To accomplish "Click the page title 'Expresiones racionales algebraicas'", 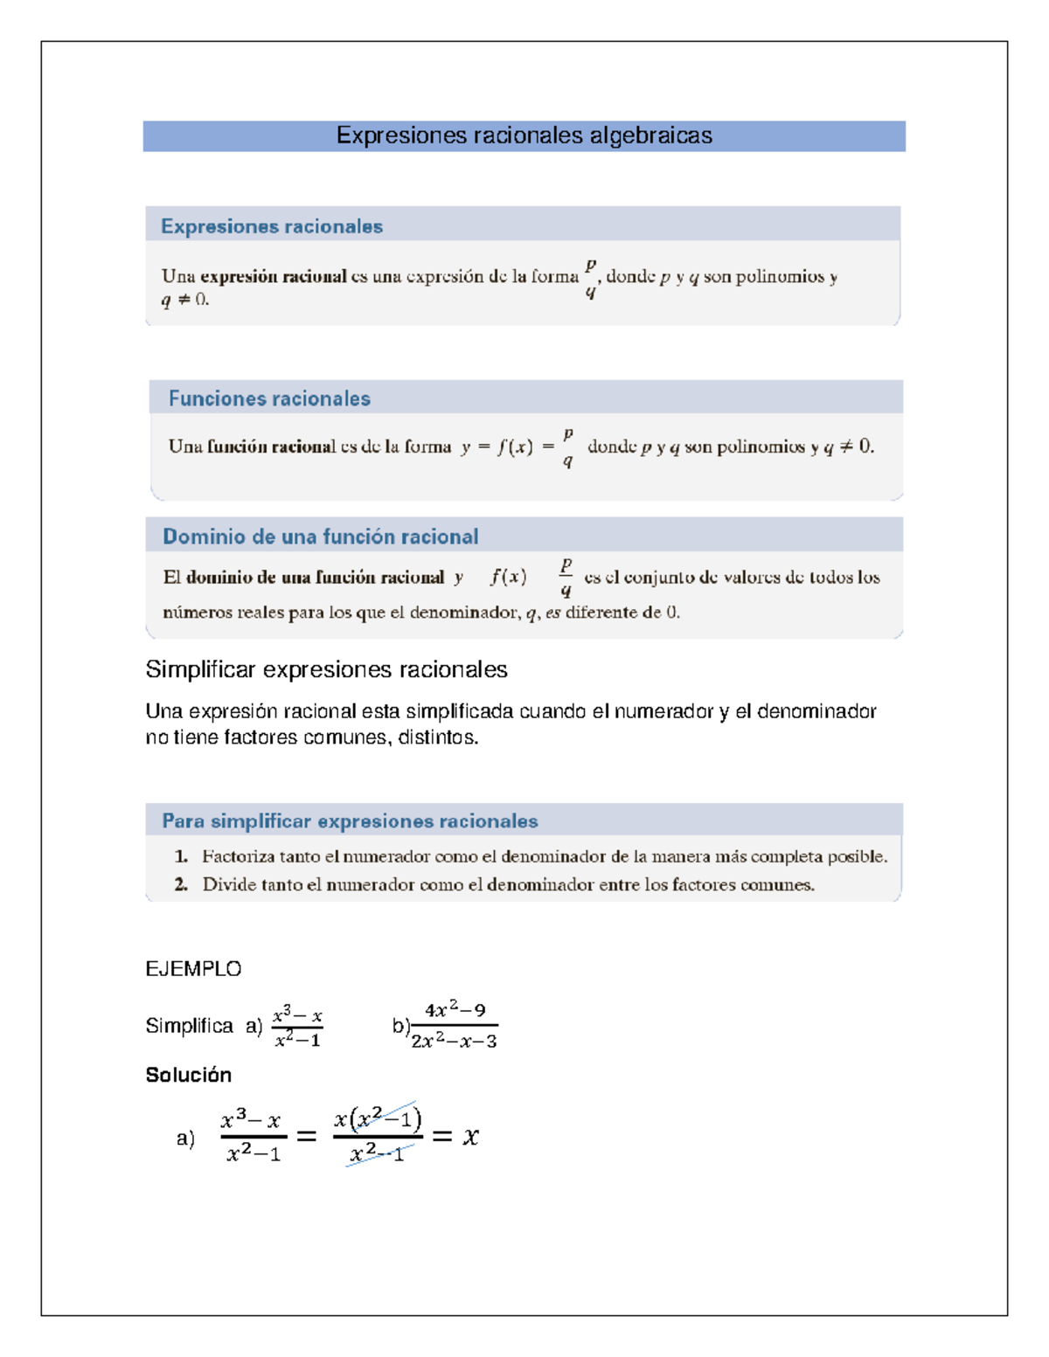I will [524, 135].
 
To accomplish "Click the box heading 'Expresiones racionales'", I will [271, 226].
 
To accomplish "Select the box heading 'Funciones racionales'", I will [269, 398].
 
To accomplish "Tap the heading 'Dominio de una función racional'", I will [320, 537].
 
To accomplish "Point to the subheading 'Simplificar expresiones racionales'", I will [326, 669].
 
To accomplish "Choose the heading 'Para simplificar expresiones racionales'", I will [350, 821].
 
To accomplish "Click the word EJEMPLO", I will [193, 968].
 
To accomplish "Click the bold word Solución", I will [188, 1075].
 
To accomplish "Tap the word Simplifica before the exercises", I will [189, 1026].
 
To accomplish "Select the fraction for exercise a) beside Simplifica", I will [297, 1027].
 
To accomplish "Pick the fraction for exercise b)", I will [454, 1026].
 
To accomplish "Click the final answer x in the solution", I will [471, 1136].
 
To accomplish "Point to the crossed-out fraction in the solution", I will [378, 1135].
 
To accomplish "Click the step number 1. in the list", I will [181, 856].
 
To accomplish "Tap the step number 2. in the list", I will [181, 884].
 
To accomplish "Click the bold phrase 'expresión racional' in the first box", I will [273, 276].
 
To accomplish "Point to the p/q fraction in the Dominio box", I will [566, 577].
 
